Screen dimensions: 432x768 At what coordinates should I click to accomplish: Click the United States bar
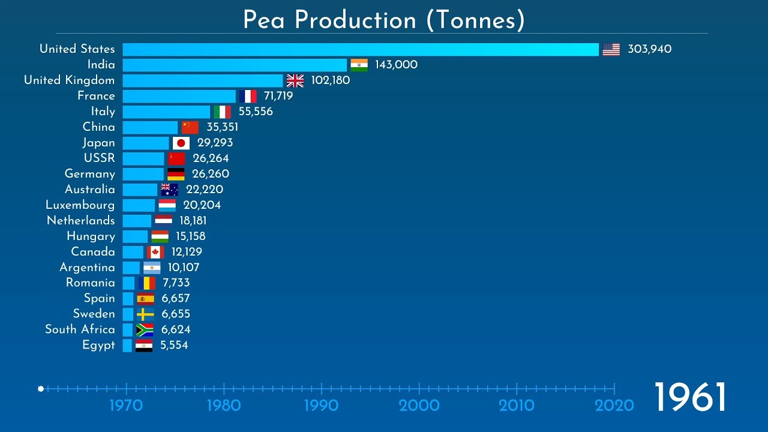[360, 49]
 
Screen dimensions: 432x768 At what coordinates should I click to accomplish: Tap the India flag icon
[359, 65]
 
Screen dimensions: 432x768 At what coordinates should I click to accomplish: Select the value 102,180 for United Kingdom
[330, 80]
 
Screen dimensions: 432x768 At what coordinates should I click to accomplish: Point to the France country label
[96, 96]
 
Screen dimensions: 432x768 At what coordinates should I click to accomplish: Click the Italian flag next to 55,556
[223, 112]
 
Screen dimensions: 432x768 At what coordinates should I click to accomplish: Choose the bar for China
[150, 127]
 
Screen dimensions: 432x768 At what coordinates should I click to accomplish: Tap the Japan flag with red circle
[181, 143]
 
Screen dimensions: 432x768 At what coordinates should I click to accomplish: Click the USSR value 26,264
[211, 158]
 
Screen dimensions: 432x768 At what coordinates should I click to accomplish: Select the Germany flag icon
[176, 174]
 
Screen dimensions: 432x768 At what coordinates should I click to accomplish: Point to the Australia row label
[90, 190]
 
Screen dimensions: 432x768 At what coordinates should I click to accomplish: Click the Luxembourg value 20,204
[202, 205]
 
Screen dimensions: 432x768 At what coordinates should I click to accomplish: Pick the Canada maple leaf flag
[155, 252]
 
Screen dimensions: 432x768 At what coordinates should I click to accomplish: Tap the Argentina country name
[87, 268]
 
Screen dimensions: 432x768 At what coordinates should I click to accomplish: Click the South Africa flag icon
[145, 329]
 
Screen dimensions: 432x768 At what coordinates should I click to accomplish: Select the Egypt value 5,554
[174, 345]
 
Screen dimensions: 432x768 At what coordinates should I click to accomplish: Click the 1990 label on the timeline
[322, 406]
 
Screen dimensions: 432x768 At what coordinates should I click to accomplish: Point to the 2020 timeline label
[614, 406]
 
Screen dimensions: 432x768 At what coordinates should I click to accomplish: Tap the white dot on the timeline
[41, 389]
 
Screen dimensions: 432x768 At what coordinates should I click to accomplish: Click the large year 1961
[689, 397]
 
